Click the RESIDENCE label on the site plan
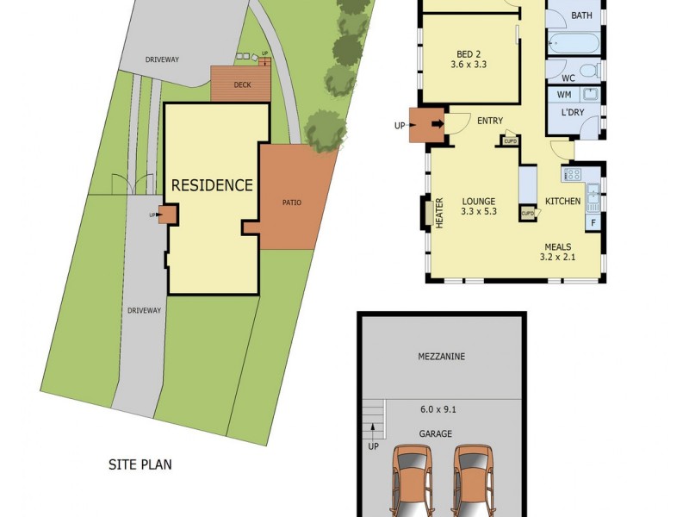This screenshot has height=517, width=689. coord(212,185)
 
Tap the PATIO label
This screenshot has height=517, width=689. coord(291,202)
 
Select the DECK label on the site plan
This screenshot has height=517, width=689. coord(241,85)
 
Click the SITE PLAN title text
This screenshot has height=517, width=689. coord(140,464)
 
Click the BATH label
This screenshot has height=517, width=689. coord(581,16)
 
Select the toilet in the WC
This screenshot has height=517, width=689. coord(590,70)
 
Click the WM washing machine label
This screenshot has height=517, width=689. coord(565,94)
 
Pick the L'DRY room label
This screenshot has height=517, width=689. coord(573,113)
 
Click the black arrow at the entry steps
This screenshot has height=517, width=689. coord(437,126)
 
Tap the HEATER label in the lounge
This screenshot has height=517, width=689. coord(438,212)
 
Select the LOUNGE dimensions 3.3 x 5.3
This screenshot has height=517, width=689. coord(479,211)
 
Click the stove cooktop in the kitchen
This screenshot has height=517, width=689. coord(573,175)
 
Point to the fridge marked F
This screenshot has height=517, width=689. coord(593,222)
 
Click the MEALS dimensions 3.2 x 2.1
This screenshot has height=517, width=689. coord(557,257)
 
